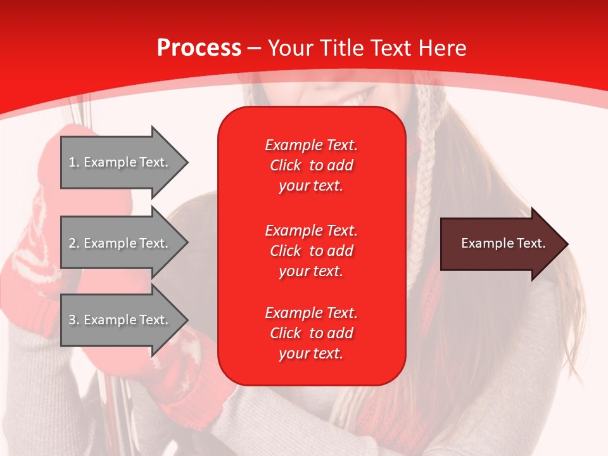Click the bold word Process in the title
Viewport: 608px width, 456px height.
coord(199,47)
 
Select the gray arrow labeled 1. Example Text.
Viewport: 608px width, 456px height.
coord(120,162)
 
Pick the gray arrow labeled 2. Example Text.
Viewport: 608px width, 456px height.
coord(120,243)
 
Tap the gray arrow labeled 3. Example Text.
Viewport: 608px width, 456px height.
coord(120,320)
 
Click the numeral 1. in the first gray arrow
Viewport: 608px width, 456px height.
coord(74,162)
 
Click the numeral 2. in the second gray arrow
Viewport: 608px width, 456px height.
coord(74,243)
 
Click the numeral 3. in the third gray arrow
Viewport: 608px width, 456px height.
coord(74,320)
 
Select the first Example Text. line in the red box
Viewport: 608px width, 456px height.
coord(311,145)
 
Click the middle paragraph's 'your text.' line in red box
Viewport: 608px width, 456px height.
coord(311,271)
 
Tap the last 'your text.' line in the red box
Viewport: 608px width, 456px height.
coord(311,353)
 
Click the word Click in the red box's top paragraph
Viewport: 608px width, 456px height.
coord(285,165)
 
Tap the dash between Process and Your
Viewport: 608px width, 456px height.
coord(254,48)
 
